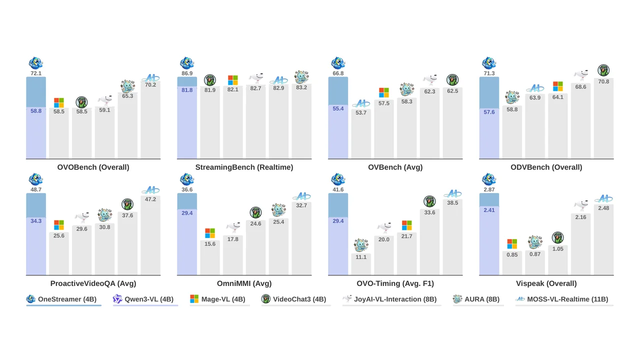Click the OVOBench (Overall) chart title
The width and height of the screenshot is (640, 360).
point(93,167)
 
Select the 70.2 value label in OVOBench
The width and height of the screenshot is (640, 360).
point(150,85)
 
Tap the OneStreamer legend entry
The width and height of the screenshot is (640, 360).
point(61,299)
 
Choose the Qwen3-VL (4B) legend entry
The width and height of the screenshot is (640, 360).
point(143,299)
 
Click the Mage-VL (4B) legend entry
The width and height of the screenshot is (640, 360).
point(217,299)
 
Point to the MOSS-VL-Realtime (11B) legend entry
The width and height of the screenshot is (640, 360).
point(561,299)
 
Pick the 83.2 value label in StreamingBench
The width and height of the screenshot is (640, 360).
point(301,87)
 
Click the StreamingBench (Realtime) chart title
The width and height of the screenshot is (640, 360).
point(244,167)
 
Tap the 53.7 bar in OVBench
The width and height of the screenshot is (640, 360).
point(361,133)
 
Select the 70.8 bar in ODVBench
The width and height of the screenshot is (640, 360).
point(603,118)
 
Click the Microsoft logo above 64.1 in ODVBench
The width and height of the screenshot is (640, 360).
point(557,86)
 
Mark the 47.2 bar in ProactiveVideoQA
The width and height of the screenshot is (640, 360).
point(150,235)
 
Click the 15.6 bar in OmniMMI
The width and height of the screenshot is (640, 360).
point(209,257)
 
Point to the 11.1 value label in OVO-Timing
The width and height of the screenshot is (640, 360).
point(361,257)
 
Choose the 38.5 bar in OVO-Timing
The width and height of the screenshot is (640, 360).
point(452,237)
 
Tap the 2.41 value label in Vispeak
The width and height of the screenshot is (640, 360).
point(489,210)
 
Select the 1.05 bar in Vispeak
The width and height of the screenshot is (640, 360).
point(557,260)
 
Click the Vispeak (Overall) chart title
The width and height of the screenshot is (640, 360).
point(546,283)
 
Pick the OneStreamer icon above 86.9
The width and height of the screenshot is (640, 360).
point(187,63)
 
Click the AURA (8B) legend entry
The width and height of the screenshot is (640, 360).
point(476,299)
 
